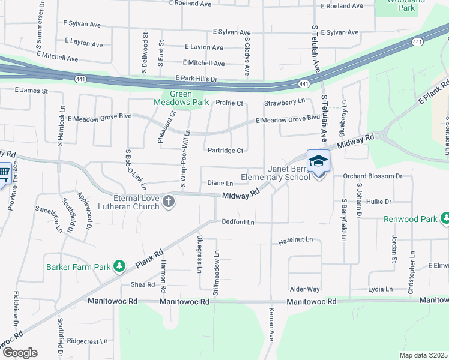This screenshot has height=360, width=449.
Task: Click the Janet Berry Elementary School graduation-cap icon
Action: (319, 161)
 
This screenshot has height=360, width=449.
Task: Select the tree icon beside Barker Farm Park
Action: (119, 265)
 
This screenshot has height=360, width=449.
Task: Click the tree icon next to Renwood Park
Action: (445, 218)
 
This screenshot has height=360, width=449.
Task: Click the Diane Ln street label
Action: (220, 183)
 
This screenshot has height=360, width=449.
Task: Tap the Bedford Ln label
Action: (238, 222)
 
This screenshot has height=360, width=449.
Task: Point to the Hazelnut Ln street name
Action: (295, 240)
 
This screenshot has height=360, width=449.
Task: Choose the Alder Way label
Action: (304, 289)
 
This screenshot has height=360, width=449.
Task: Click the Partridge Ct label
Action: (225, 151)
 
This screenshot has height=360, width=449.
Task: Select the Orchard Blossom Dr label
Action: (372, 176)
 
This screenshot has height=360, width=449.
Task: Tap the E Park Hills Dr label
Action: (196, 79)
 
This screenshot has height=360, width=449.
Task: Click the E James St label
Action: (31, 91)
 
